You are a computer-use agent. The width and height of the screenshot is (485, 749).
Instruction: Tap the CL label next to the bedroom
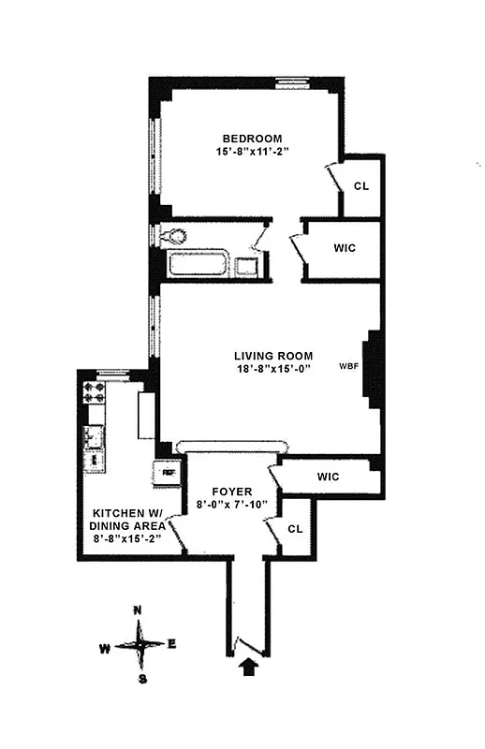tap(360, 185)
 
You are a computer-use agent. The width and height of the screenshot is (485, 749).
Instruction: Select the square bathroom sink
tap(247, 267)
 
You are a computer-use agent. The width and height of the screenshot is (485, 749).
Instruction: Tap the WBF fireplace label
tap(349, 366)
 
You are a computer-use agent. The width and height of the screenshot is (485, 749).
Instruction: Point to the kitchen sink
tap(94, 436)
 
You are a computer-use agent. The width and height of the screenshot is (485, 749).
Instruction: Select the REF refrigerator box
tap(169, 473)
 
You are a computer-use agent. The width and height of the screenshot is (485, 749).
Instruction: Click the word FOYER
tap(231, 490)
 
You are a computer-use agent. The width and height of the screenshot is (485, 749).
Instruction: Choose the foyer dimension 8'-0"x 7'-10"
tap(231, 505)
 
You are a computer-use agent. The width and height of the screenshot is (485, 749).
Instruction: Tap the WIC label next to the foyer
tap(327, 477)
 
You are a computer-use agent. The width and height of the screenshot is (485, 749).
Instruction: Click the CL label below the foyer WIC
tap(295, 528)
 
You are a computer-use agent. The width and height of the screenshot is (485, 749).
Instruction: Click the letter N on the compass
tap(139, 610)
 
